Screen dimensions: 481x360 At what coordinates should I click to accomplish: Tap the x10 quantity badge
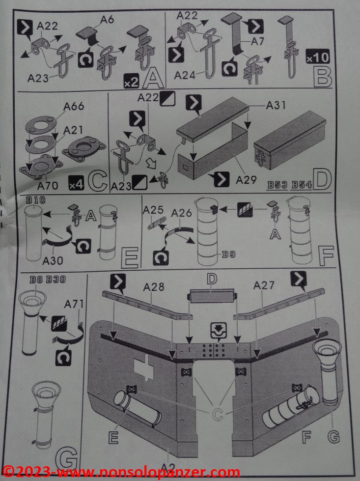[x=317, y=57]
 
